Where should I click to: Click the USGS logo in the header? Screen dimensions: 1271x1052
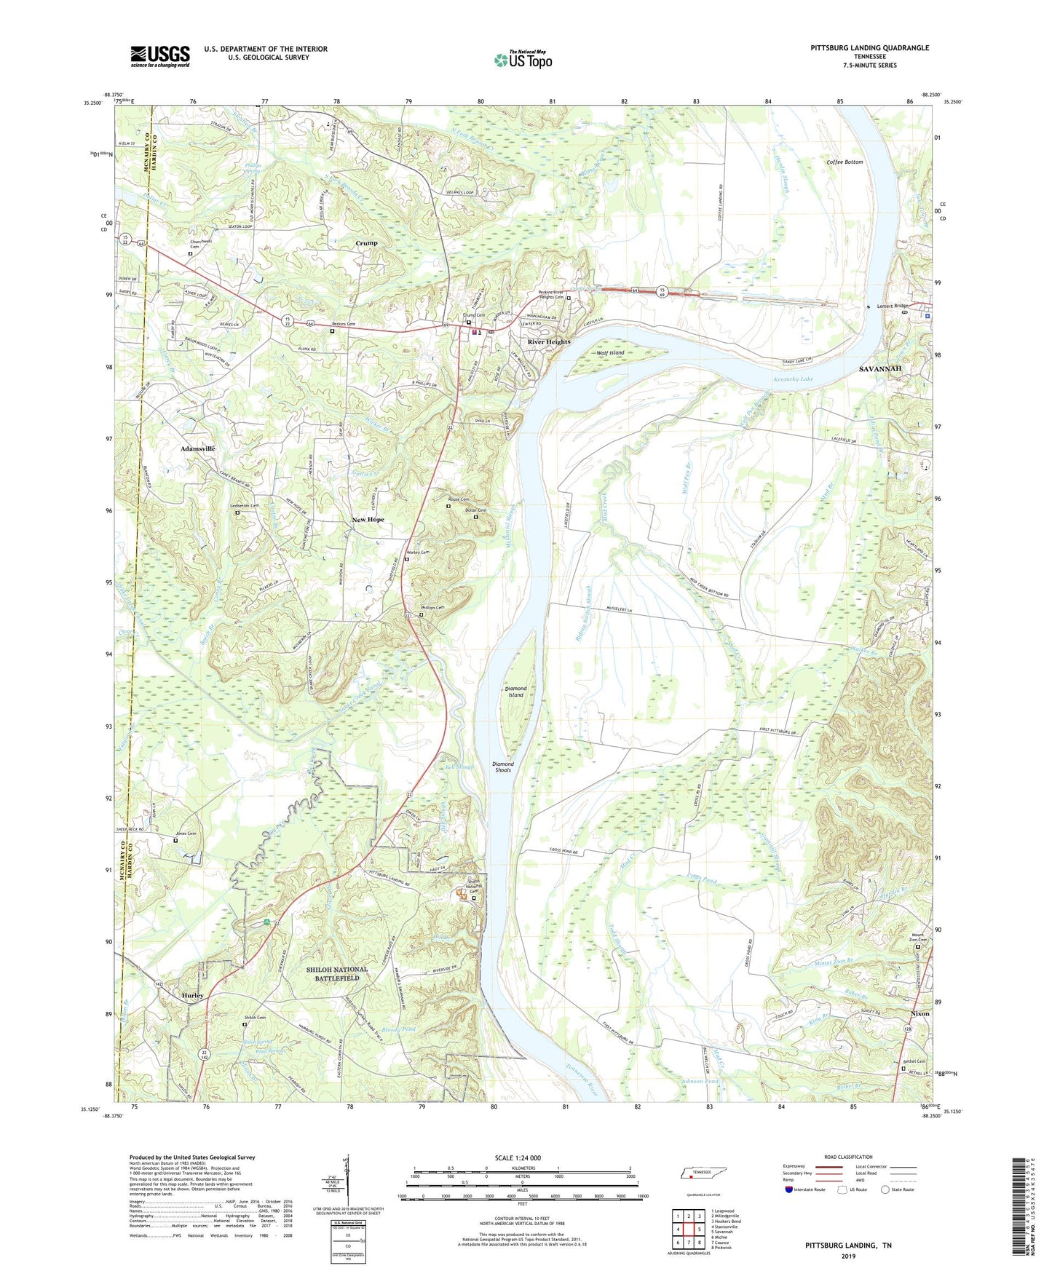point(160,56)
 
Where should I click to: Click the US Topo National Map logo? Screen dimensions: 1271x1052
point(523,60)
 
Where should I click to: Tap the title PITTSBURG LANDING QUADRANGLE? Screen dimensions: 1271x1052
point(869,48)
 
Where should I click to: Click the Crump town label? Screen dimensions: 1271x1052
point(366,243)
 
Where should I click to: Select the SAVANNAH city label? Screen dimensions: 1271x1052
point(880,369)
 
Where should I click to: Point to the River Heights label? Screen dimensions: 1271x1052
point(549,341)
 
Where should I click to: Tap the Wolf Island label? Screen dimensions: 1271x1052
point(610,353)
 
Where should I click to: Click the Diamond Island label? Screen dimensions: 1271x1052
point(515,691)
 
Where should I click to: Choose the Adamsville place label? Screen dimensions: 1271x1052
point(197,449)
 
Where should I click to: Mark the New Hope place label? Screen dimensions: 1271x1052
point(368,520)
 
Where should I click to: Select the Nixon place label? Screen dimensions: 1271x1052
point(920,1014)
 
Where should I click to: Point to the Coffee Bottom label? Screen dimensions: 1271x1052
point(845,162)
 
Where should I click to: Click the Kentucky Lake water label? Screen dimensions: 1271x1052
point(794,379)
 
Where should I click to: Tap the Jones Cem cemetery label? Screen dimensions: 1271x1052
point(186,834)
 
